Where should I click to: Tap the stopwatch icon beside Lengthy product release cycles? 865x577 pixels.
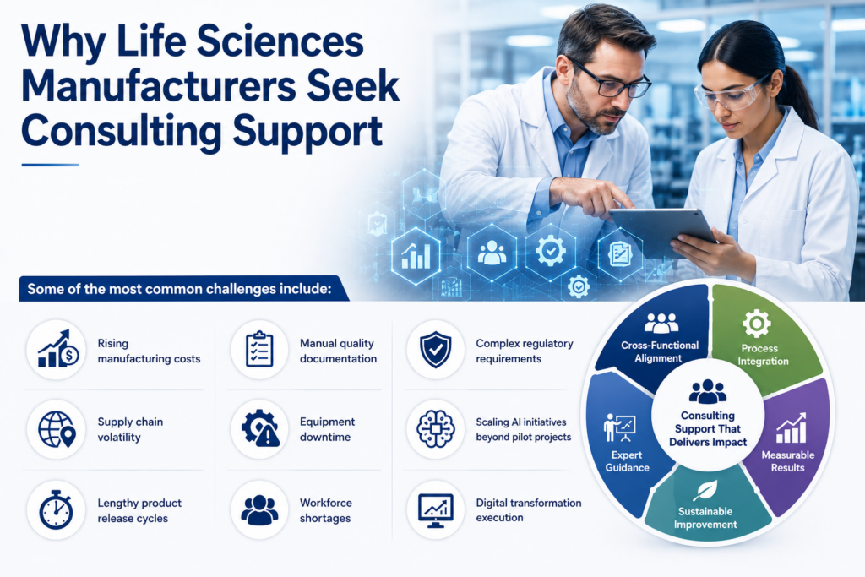click(56, 509)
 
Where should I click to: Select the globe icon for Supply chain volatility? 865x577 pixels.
click(57, 429)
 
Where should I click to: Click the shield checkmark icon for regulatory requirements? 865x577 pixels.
click(436, 350)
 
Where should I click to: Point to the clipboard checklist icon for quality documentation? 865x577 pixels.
click(259, 349)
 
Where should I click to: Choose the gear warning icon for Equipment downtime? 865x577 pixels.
click(260, 428)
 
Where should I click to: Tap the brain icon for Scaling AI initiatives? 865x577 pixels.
click(436, 428)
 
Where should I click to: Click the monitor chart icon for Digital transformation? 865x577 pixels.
click(436, 510)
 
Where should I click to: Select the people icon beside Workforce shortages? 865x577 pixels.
click(259, 509)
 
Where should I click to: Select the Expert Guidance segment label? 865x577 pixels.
click(627, 462)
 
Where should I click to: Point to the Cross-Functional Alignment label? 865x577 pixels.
click(659, 352)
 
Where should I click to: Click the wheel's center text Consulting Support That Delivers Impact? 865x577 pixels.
click(708, 428)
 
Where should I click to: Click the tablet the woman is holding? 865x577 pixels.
click(662, 231)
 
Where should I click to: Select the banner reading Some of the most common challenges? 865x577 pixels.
click(183, 289)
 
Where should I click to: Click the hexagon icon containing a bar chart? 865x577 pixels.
click(416, 255)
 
